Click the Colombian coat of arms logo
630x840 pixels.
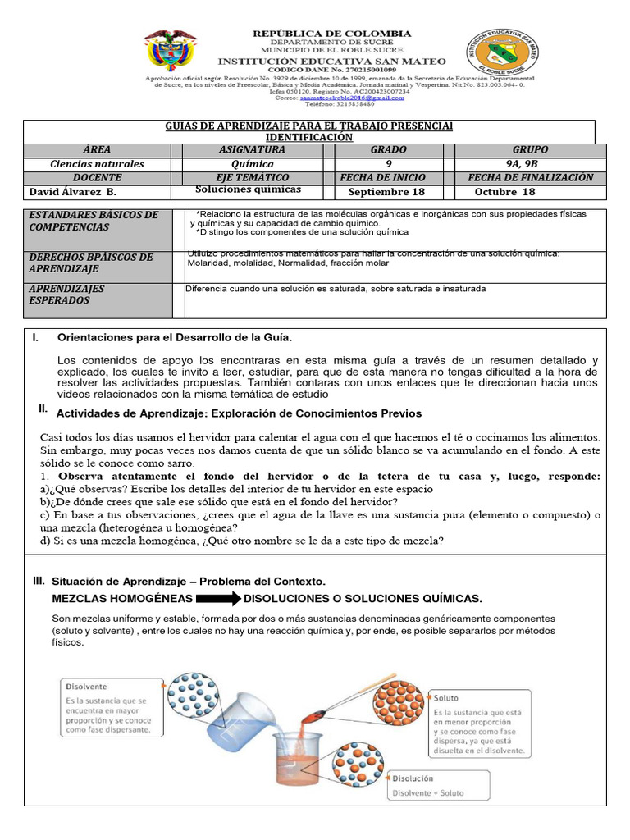pyautogui.click(x=171, y=52)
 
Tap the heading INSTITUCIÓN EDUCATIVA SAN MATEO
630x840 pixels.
pyautogui.click(x=331, y=62)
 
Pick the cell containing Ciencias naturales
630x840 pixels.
pyautogui.click(x=97, y=164)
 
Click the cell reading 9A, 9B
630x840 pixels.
pyautogui.click(x=530, y=164)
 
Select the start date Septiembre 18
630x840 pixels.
pyautogui.click(x=386, y=192)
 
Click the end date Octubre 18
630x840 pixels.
pyautogui.click(x=504, y=192)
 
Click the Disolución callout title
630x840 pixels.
pyautogui.click(x=413, y=778)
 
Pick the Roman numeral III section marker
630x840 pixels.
pyautogui.click(x=39, y=581)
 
